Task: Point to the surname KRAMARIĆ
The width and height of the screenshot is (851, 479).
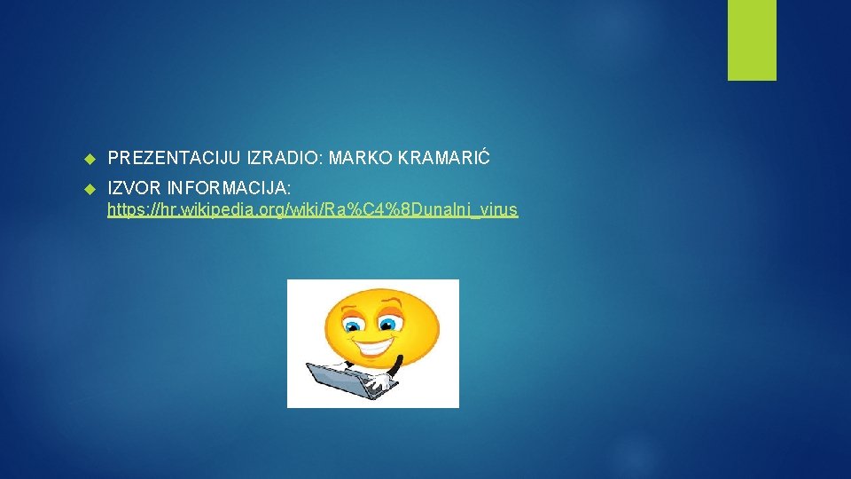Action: click(444, 159)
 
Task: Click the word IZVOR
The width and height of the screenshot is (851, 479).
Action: click(132, 190)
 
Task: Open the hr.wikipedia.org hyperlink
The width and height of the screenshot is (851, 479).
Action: click(312, 211)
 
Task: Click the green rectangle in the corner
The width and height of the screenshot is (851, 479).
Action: click(752, 40)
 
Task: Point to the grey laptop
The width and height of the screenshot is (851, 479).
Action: click(341, 380)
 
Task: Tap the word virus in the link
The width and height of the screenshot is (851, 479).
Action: click(499, 211)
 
